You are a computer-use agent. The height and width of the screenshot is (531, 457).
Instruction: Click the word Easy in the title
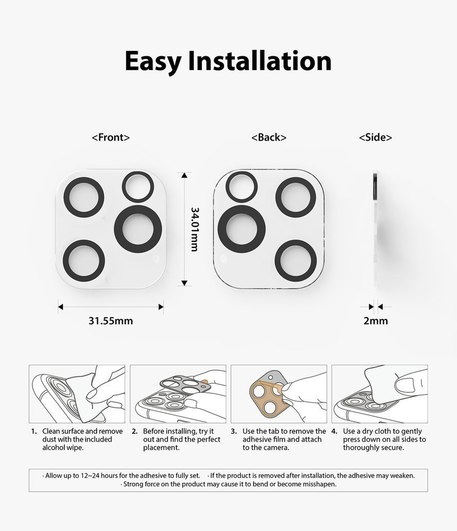pyautogui.click(x=153, y=62)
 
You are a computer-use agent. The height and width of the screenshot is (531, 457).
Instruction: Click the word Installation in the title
pyautogui.click(x=260, y=61)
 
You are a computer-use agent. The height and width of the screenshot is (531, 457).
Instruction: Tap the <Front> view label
pyautogui.click(x=111, y=137)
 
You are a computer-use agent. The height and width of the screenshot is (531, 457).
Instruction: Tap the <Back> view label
pyautogui.click(x=269, y=137)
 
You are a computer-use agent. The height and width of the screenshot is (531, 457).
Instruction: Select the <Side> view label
pyautogui.click(x=375, y=137)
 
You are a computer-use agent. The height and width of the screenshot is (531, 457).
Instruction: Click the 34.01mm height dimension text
pyautogui.click(x=194, y=229)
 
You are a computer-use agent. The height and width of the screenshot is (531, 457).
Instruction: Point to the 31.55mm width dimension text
pyautogui.click(x=111, y=320)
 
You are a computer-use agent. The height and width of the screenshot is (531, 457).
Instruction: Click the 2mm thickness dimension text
pyautogui.click(x=376, y=320)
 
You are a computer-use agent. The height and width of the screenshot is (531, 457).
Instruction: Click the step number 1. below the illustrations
pyautogui.click(x=33, y=431)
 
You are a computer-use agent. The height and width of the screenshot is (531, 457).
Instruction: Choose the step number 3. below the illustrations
pyautogui.click(x=234, y=431)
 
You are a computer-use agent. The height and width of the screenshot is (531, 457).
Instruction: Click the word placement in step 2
pyautogui.click(x=160, y=448)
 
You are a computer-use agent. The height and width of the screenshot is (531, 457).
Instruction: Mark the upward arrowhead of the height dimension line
pyautogui.click(x=184, y=175)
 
